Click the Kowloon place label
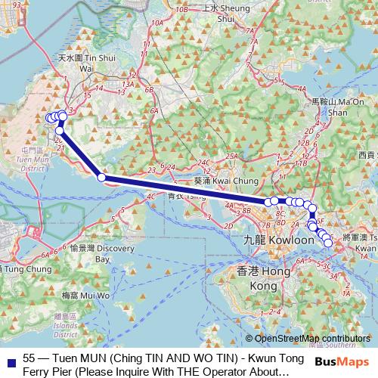click(268, 240)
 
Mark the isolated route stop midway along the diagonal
click(101, 178)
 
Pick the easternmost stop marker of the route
click(328, 242)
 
